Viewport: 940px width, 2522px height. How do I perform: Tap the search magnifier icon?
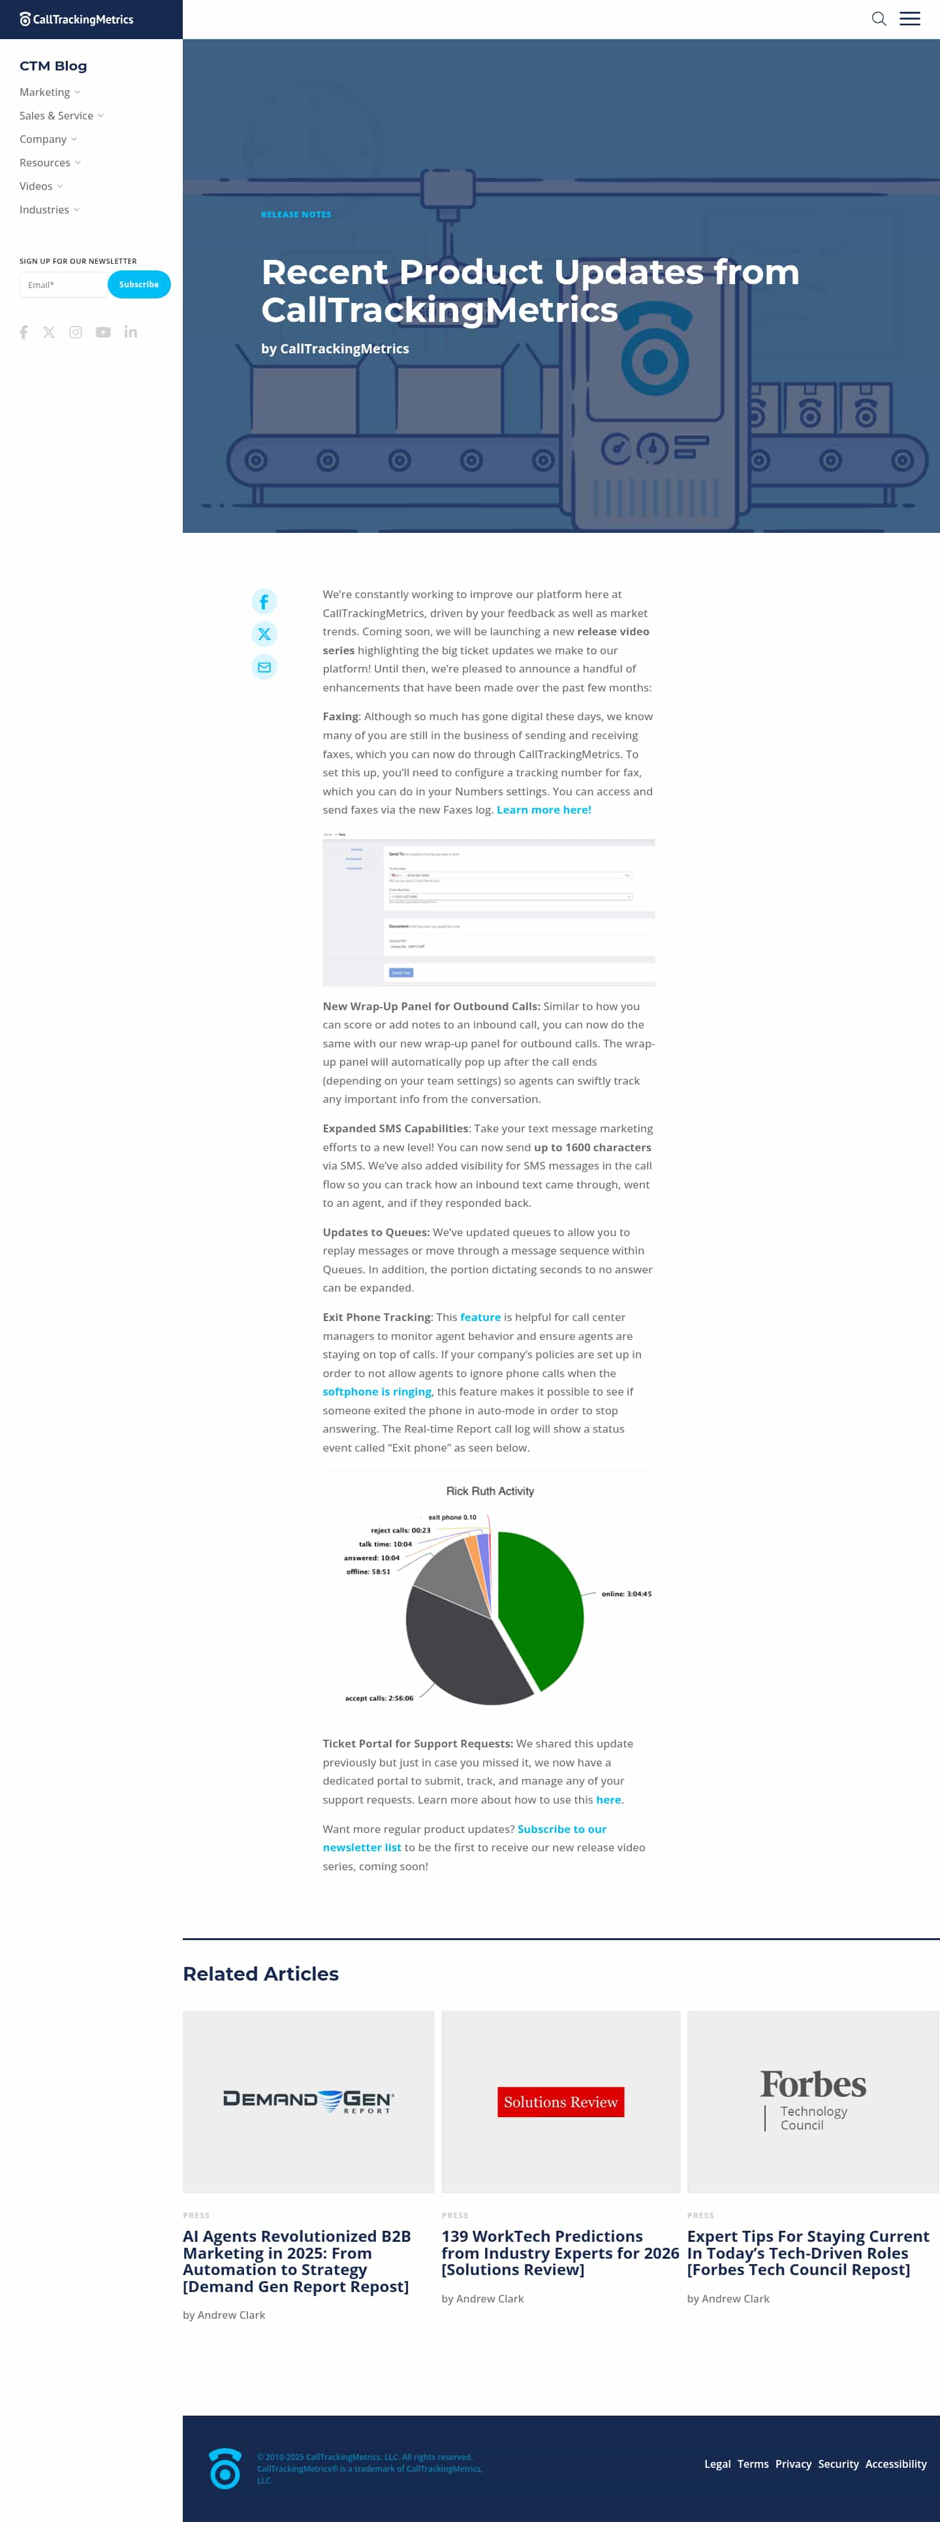[879, 18]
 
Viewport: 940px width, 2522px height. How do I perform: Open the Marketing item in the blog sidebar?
[45, 92]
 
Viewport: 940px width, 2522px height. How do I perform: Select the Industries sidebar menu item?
[45, 210]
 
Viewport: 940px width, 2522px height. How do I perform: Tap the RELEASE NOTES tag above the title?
[296, 214]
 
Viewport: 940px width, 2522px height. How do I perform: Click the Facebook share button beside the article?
[264, 601]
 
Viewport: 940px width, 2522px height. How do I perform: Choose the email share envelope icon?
[264, 667]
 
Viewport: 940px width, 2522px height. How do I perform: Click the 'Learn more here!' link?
[543, 810]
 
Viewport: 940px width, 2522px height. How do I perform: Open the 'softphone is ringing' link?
[377, 1391]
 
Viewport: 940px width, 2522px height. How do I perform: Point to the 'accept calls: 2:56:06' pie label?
[379, 1698]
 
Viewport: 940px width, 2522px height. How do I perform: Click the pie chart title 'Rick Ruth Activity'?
[490, 1491]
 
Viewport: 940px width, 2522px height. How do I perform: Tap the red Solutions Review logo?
[560, 2102]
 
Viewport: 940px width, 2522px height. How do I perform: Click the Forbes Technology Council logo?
[813, 2098]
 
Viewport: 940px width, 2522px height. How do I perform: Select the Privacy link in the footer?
[793, 2465]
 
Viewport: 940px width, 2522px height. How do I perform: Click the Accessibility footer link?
[895, 2465]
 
